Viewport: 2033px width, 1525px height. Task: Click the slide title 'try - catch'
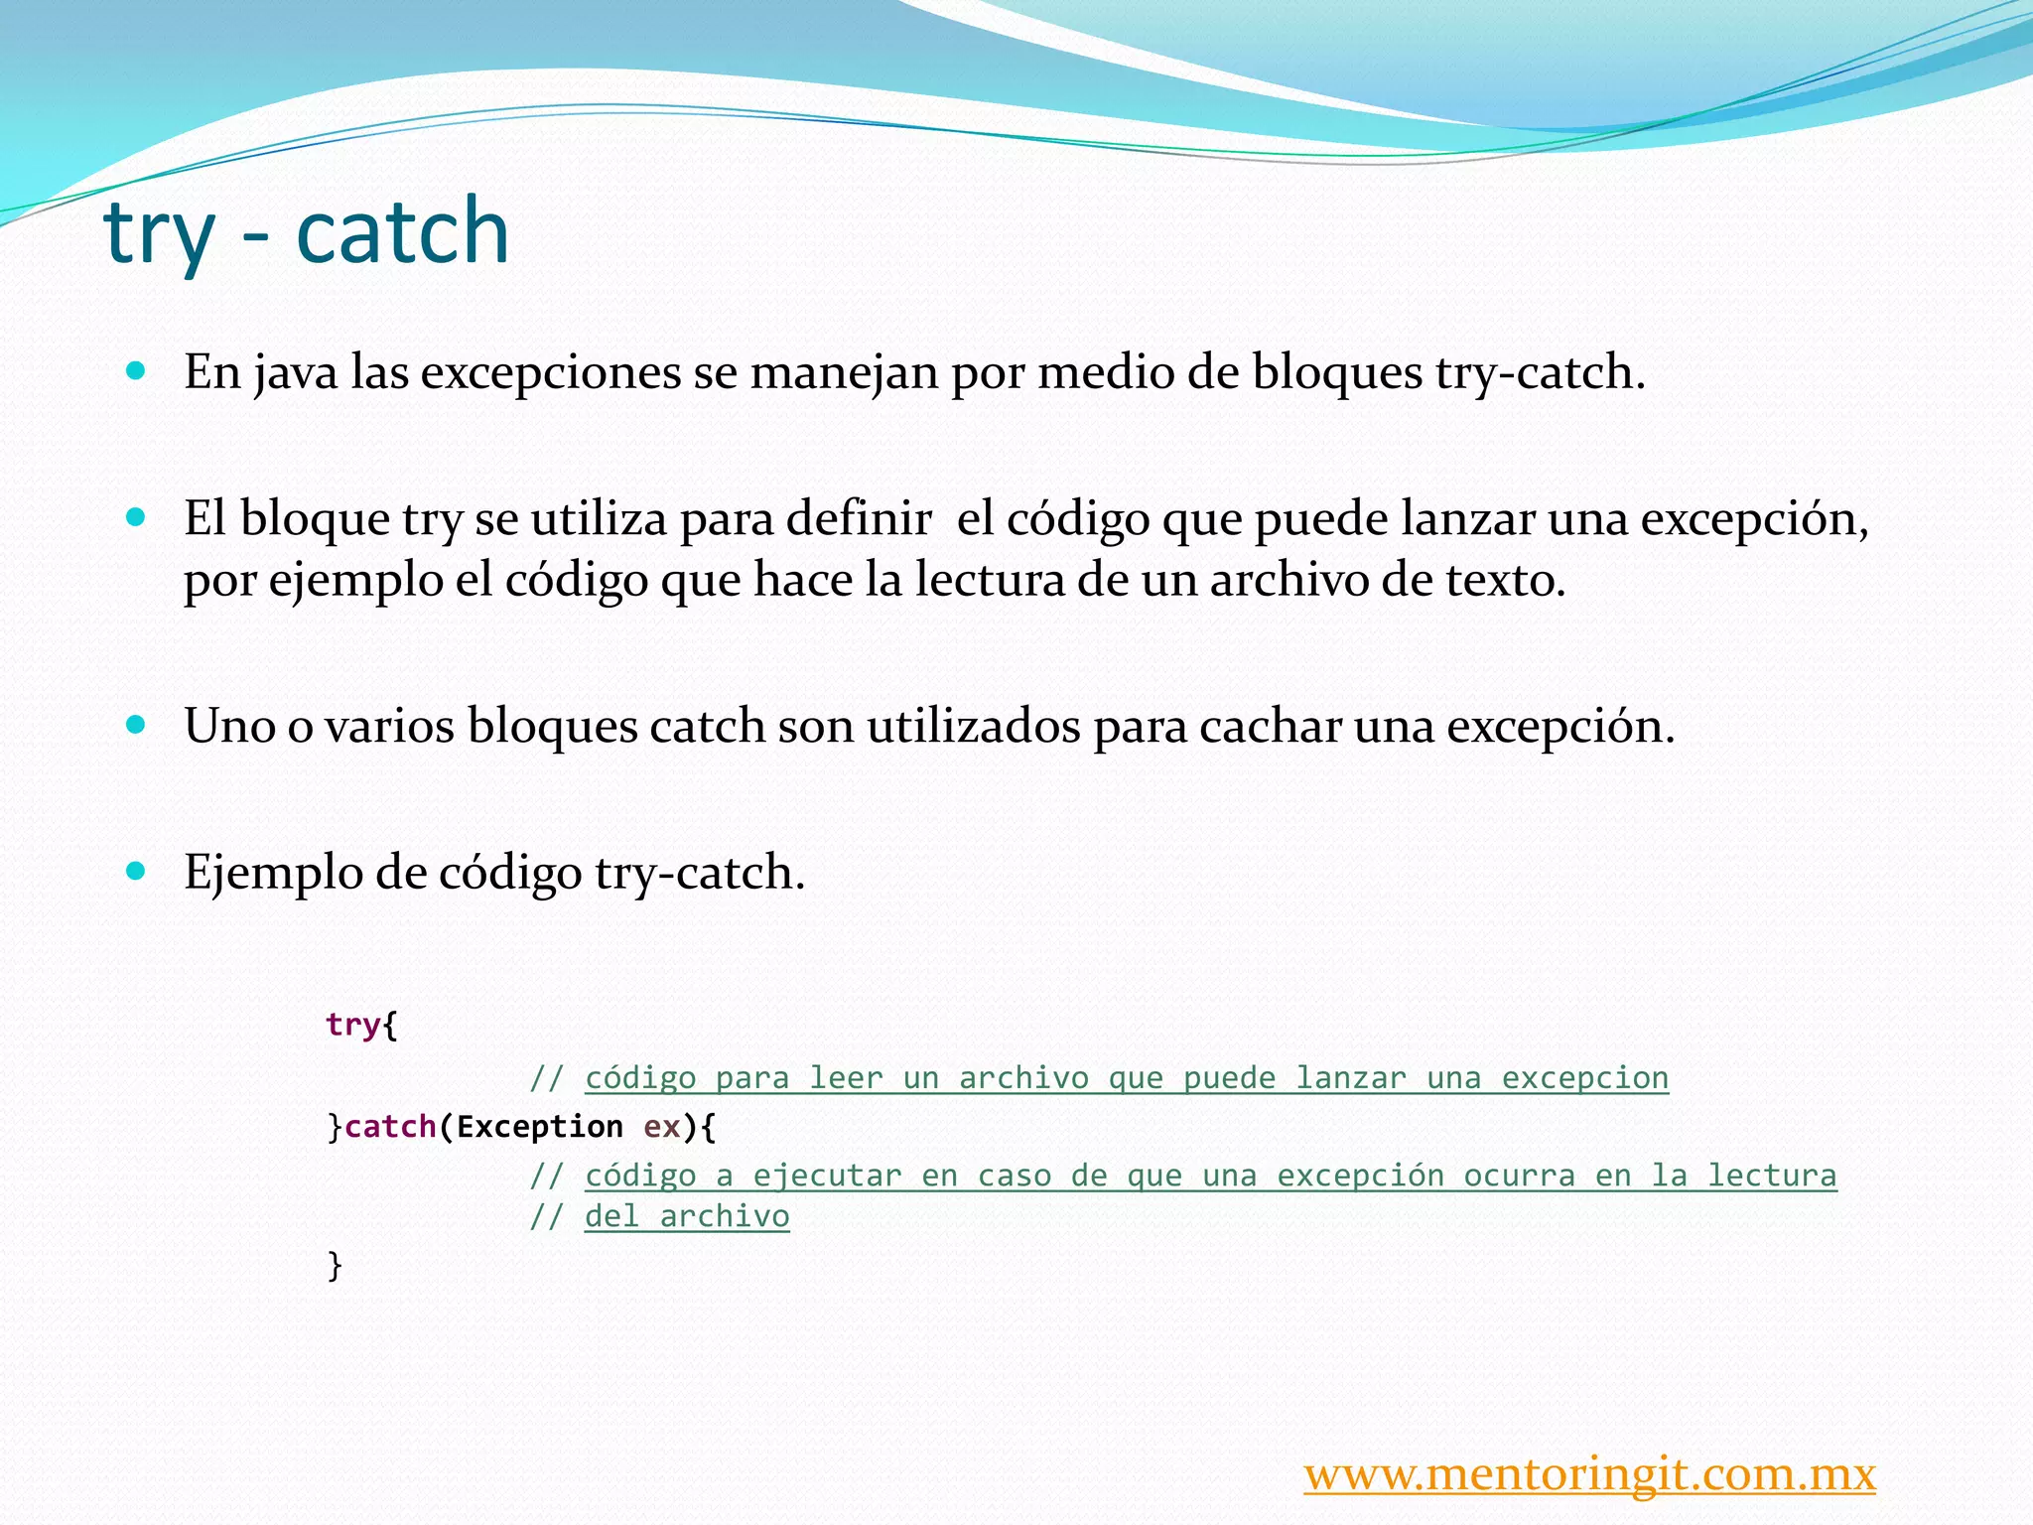[x=306, y=232]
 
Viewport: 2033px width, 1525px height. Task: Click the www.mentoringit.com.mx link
[x=1589, y=1474]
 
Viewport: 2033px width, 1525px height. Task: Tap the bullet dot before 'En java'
[x=137, y=371]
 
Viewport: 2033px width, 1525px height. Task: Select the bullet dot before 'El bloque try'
[x=137, y=517]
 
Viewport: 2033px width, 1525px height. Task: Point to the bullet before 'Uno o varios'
[x=137, y=724]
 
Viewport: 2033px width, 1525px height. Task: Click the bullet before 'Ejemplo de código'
[x=137, y=871]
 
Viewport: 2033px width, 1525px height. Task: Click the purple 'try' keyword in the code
[x=353, y=1024]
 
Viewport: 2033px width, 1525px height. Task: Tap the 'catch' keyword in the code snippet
[x=390, y=1127]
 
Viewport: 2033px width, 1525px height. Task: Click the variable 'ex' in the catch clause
[x=662, y=1127]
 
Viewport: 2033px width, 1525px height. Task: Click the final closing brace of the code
[x=335, y=1265]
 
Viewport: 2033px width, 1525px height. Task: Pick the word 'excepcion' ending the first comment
[x=1584, y=1078]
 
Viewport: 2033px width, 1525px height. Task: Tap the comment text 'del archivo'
[x=687, y=1216]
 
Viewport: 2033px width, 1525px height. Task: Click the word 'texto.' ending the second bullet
[x=1505, y=581]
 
